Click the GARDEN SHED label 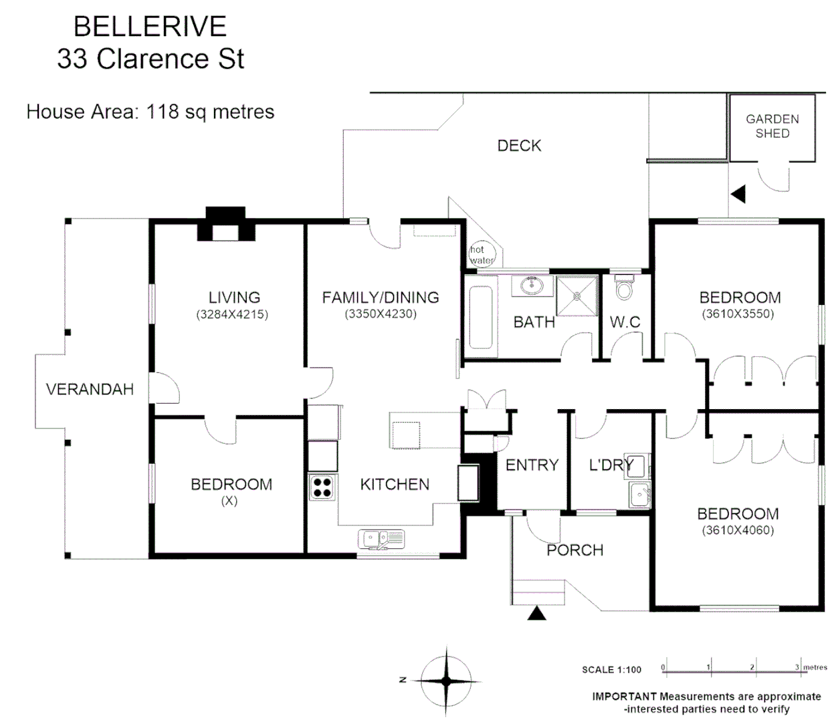(772, 126)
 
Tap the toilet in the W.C (623, 287)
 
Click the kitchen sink (381, 538)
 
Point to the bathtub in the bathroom (480, 318)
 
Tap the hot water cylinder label (481, 255)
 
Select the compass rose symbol (446, 680)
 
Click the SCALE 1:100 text (611, 669)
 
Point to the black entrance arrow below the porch (536, 613)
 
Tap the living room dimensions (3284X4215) (232, 314)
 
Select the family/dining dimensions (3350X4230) (381, 314)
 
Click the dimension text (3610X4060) (738, 531)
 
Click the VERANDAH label (90, 389)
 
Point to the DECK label (519, 146)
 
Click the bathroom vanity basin (532, 285)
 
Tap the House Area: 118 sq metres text (150, 112)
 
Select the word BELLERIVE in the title (150, 27)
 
